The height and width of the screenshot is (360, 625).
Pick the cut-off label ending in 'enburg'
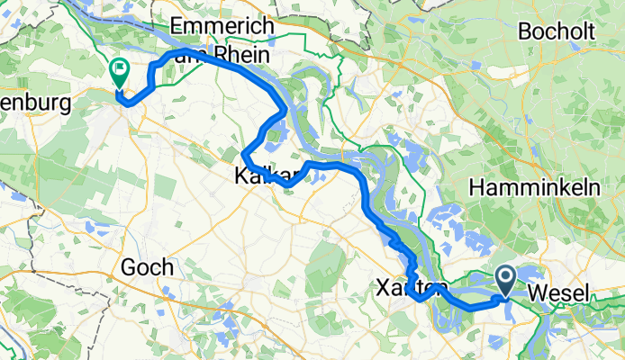(x=35, y=104)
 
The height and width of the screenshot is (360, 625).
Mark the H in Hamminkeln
(x=476, y=187)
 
